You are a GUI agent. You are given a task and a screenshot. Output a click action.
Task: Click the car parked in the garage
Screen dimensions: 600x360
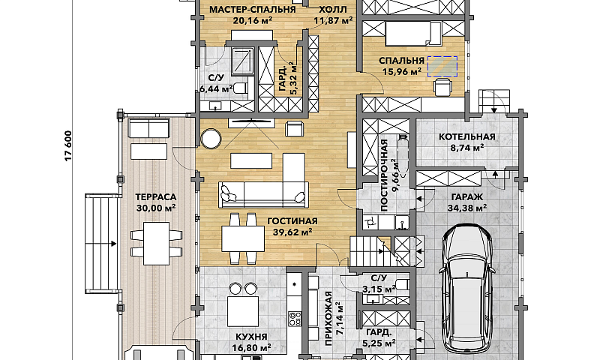[x=467, y=289]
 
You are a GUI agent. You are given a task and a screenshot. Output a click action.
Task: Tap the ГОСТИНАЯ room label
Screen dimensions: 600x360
[x=292, y=221]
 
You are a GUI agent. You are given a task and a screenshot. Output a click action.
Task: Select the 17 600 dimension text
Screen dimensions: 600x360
[x=68, y=145]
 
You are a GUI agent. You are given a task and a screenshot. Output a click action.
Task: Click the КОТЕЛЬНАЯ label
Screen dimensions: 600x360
[x=466, y=136]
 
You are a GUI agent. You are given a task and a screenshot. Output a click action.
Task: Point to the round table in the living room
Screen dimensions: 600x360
[x=211, y=139]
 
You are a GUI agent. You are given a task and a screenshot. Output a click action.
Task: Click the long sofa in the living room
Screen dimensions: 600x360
[x=263, y=195]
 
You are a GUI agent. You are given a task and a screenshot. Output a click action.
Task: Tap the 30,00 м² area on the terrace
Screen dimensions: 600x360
[x=156, y=208]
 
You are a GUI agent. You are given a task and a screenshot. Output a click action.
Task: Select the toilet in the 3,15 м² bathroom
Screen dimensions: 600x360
[x=402, y=284]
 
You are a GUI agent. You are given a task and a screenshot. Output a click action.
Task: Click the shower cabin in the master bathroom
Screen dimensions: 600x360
[x=242, y=60]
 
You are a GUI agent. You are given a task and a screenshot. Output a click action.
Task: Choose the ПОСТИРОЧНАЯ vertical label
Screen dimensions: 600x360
[x=385, y=175]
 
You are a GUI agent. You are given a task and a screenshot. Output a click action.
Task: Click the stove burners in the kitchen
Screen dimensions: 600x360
[x=294, y=319]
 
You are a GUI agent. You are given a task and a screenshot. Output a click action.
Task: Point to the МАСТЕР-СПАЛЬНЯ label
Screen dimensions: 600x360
[x=253, y=10]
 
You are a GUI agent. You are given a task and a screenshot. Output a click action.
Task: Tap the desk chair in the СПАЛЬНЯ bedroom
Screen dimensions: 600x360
[x=443, y=86]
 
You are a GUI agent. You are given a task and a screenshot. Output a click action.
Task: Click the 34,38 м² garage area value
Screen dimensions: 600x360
[x=467, y=208]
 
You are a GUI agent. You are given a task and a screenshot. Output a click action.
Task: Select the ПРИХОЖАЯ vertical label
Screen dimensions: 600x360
[x=328, y=319]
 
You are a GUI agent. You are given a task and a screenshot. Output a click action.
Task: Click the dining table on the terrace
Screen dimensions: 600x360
[x=156, y=243]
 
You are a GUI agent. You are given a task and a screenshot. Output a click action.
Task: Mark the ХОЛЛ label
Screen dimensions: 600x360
[x=333, y=10]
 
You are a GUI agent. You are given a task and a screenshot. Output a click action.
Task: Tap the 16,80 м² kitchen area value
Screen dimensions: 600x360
[x=251, y=347]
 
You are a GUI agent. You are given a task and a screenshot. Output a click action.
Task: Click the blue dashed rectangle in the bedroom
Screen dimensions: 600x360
[x=442, y=67]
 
